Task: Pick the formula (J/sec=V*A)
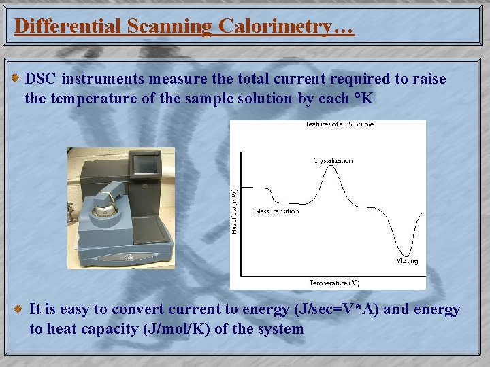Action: pos(337,310)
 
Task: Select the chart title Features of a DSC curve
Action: pos(340,124)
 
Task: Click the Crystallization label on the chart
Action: pos(333,161)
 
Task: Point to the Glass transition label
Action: pos(276,211)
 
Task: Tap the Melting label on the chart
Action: pos(406,261)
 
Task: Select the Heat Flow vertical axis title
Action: pos(235,211)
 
